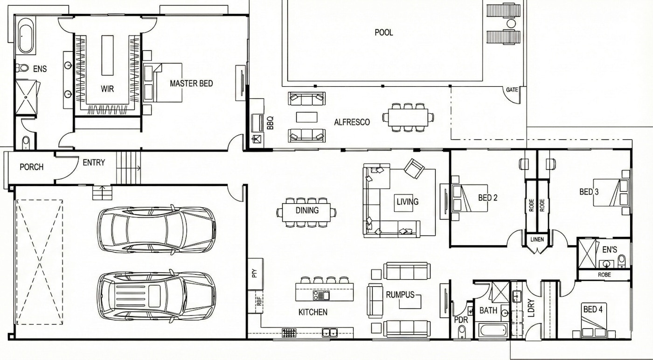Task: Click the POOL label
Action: (383, 32)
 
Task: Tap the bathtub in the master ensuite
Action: (26, 39)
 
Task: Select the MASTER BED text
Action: (191, 83)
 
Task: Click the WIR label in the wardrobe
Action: (107, 89)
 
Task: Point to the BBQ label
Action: (270, 123)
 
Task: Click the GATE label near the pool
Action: (512, 90)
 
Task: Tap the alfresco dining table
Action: (408, 118)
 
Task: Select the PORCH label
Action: (32, 167)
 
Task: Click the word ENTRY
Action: (94, 162)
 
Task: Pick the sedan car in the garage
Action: (157, 230)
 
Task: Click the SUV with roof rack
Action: (157, 296)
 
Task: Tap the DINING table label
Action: (307, 210)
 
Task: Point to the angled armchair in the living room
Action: (414, 168)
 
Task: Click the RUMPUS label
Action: (400, 295)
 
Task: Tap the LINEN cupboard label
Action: (537, 240)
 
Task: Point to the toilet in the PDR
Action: (461, 332)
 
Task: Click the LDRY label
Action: (531, 308)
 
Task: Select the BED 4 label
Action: (593, 309)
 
